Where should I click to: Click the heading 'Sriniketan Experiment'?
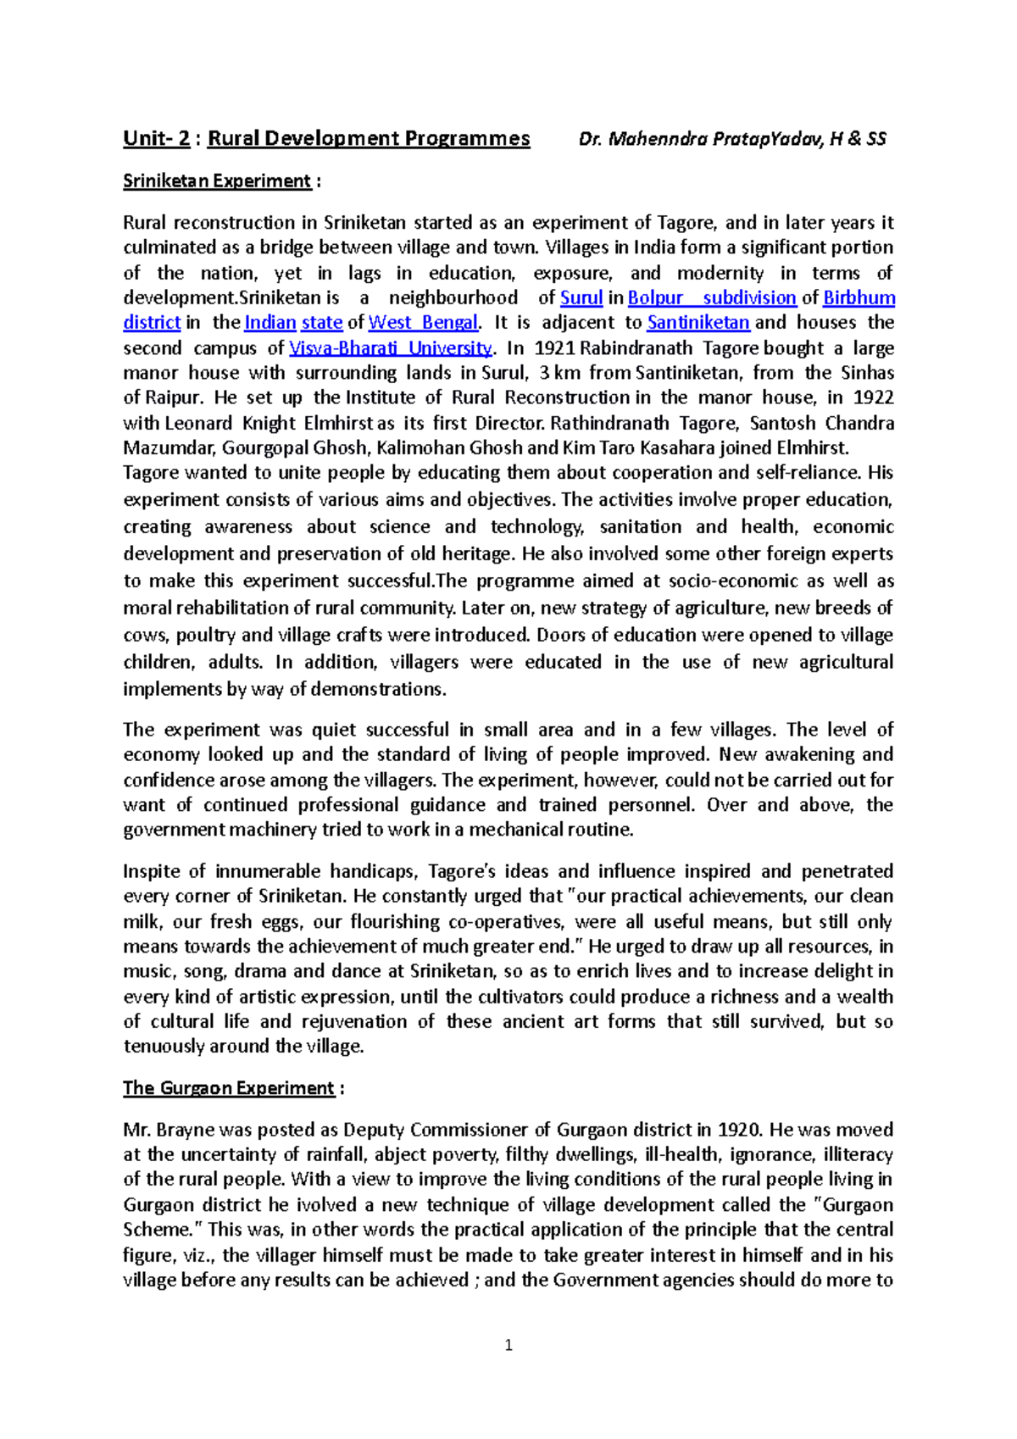pos(217,181)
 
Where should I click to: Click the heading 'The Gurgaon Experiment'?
pos(229,1088)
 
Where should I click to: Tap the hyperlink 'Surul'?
pos(581,298)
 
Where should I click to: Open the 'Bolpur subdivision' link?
pos(711,298)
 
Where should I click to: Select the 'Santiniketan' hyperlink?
pos(698,323)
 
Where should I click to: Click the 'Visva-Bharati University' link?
pos(390,348)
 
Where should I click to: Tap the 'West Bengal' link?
pos(423,323)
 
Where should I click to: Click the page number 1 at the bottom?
pos(508,1345)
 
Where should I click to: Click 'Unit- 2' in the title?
pos(156,139)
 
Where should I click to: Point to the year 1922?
pos(873,397)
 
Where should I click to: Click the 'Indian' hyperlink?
pos(270,323)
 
